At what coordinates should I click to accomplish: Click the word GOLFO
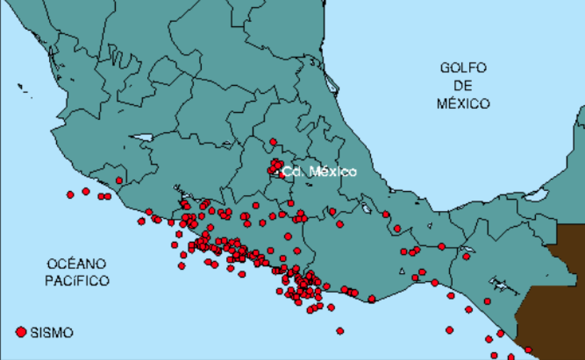coord(463,68)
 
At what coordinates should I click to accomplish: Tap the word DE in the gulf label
coord(463,85)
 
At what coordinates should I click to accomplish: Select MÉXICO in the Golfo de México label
coord(463,103)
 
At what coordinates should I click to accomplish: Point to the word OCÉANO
coord(76,263)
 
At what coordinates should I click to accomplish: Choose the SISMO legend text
coord(52,333)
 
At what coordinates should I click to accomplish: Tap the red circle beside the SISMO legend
coord(21,332)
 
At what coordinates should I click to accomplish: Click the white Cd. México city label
coord(319,172)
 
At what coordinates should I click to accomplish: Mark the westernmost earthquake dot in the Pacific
coord(70,195)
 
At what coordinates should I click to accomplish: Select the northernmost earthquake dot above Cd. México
coord(273,142)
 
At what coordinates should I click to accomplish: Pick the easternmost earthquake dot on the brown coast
coord(528,350)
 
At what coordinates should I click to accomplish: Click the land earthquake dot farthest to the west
coord(119,180)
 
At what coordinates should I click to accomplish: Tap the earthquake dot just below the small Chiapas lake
coord(466,257)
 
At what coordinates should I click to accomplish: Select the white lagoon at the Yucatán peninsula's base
coord(536,194)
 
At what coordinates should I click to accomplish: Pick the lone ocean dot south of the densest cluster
coord(340,331)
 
